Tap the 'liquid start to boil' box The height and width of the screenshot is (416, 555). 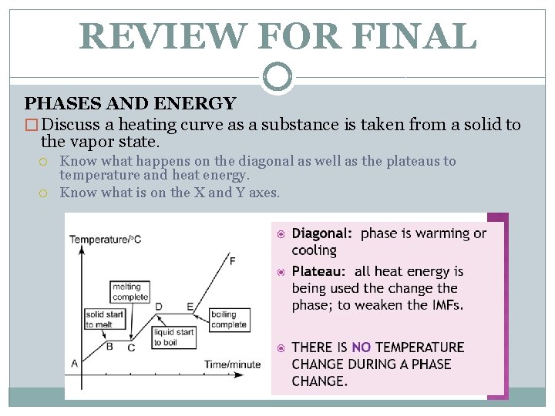coord(174,337)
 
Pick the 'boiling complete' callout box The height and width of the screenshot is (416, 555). coord(229,320)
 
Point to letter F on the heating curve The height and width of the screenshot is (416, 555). coord(233,261)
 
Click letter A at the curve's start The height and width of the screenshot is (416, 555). coord(75,363)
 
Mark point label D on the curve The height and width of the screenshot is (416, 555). coord(159,306)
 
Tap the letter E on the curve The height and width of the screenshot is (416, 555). coord(190,306)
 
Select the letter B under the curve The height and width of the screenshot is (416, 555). coord(109,347)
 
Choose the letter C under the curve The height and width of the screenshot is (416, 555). coord(131,347)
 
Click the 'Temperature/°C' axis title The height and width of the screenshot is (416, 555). coord(106,240)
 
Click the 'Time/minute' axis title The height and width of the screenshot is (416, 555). coord(232,364)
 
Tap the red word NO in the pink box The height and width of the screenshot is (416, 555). coord(361,347)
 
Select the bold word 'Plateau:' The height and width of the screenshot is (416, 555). coord(318,271)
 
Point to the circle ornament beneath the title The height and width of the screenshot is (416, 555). coord(277,76)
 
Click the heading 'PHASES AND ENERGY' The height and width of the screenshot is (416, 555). coord(130,103)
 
